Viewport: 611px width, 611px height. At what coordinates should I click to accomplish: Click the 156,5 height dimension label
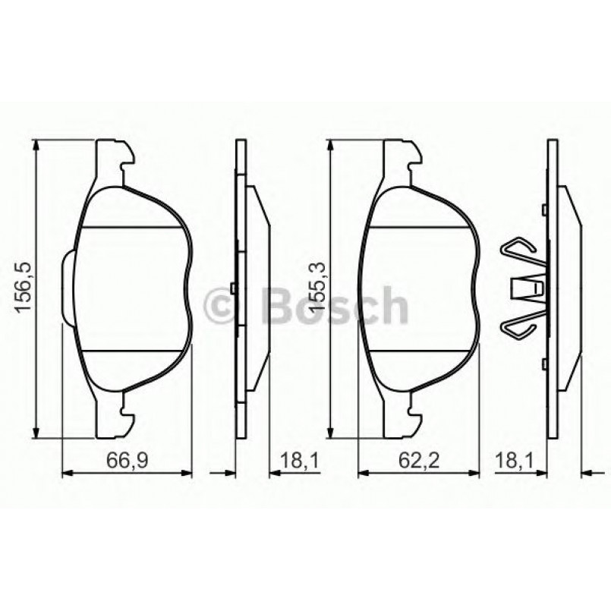click(23, 289)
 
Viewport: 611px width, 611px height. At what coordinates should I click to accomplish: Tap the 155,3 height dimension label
click(317, 289)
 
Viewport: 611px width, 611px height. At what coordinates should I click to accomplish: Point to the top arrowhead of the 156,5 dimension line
click(35, 145)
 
